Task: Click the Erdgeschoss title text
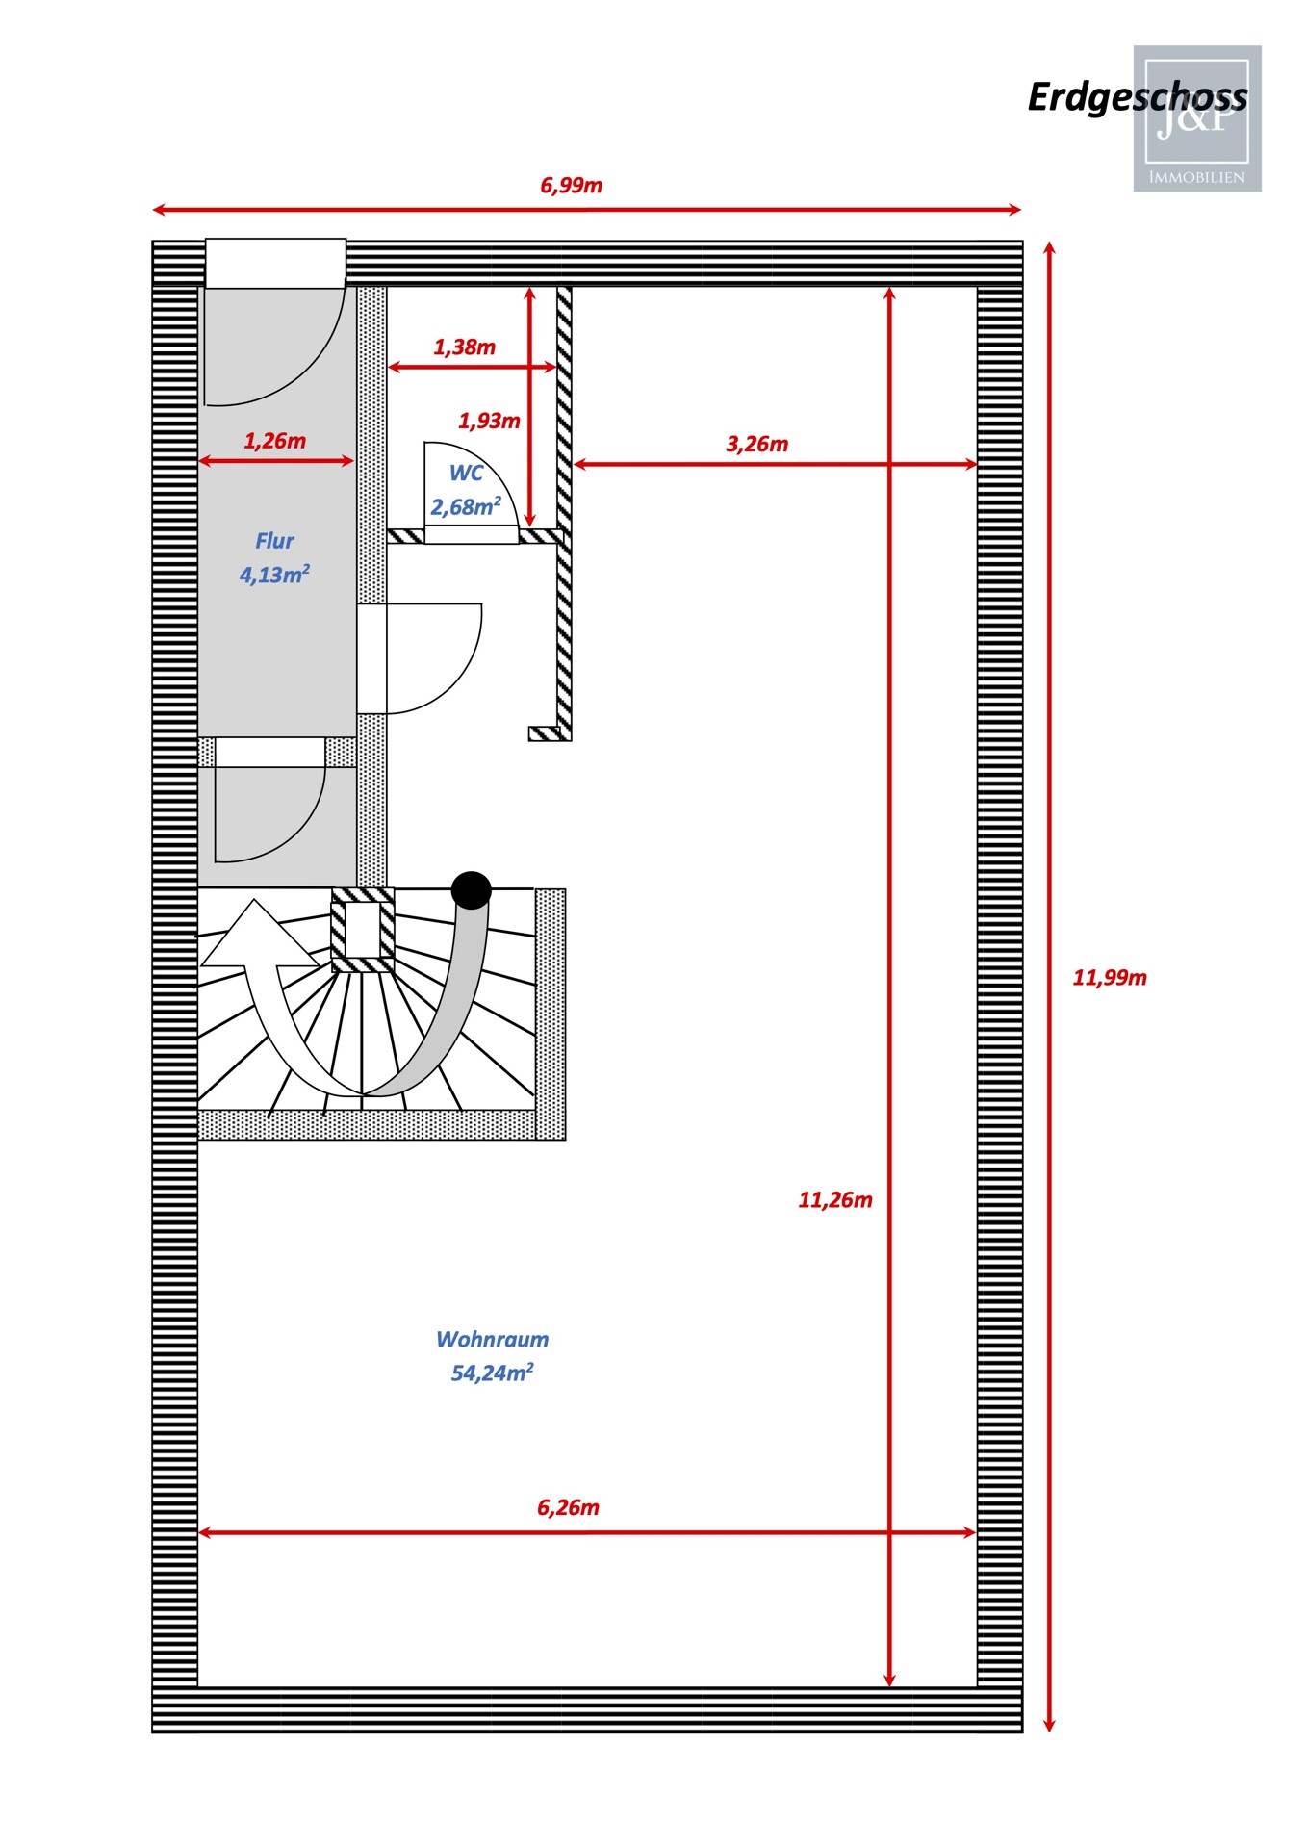click(1136, 97)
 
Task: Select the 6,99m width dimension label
click(571, 185)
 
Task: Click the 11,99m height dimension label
click(1109, 978)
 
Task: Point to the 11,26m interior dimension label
click(834, 1200)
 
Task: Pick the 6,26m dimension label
click(568, 1507)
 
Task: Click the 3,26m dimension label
click(756, 444)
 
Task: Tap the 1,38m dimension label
click(464, 346)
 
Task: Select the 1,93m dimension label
click(488, 421)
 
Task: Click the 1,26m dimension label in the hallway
click(274, 441)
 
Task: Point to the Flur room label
click(274, 541)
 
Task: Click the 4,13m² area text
click(274, 575)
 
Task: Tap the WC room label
click(466, 473)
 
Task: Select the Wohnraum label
click(492, 1339)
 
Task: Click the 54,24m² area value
click(492, 1373)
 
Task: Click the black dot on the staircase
click(471, 890)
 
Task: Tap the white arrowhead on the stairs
click(257, 938)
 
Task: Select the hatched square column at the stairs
click(363, 931)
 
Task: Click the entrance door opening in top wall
click(275, 263)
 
